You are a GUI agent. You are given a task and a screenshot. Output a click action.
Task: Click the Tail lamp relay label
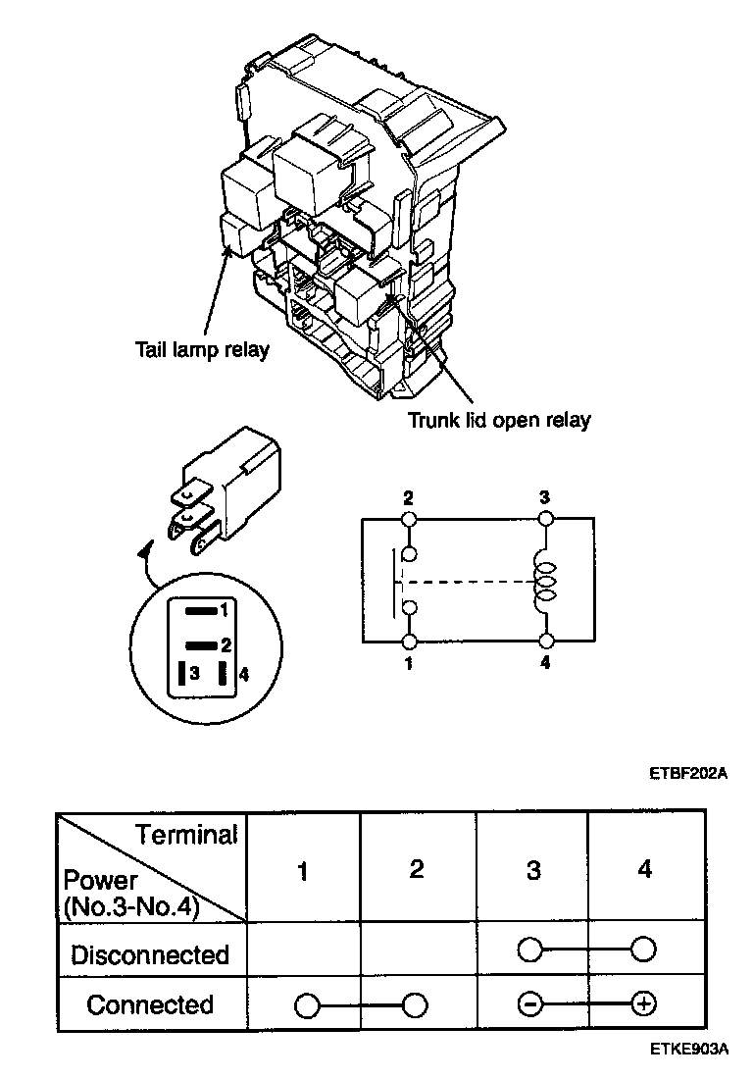tap(202, 350)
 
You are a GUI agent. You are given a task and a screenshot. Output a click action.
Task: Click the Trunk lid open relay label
tap(499, 421)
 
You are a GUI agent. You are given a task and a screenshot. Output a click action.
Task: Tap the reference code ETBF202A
tap(687, 772)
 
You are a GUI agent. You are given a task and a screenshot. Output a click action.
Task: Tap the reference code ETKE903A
tap(687, 1049)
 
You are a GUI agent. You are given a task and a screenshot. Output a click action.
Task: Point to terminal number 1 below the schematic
tap(409, 662)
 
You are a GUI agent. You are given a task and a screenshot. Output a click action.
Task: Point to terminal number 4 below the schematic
tap(546, 662)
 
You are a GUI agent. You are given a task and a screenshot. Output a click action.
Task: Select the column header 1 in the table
tap(303, 870)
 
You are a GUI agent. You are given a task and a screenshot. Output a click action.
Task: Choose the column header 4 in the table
tap(644, 869)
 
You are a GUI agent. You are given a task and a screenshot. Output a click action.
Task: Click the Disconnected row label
tap(150, 954)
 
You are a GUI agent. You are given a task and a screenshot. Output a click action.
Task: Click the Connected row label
tap(150, 1005)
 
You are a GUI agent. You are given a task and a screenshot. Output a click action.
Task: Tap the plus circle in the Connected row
tap(644, 1004)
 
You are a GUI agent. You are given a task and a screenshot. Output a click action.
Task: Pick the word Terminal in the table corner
tap(186, 835)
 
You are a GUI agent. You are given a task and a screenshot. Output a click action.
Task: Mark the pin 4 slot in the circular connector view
tap(225, 674)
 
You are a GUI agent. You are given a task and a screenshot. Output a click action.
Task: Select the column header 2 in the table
tap(417, 869)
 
